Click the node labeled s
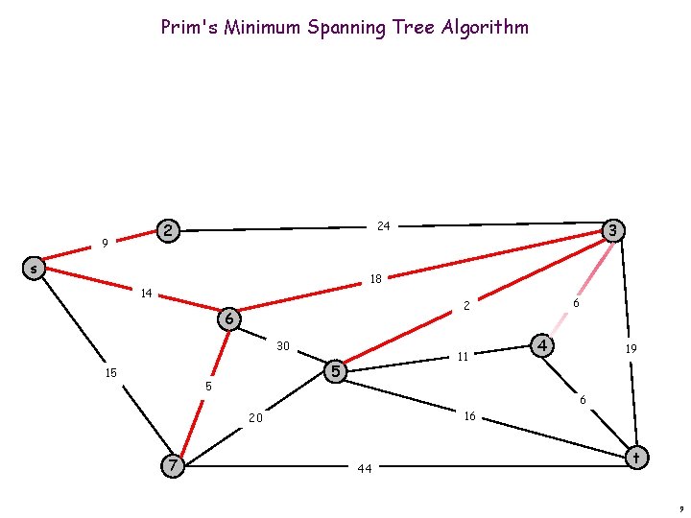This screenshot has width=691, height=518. [x=34, y=269]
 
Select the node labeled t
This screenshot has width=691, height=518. [x=635, y=458]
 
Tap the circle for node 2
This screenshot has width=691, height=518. [x=169, y=230]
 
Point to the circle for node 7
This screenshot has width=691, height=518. [x=172, y=465]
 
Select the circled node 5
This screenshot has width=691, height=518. [x=335, y=370]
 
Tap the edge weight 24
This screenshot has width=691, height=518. [x=383, y=226]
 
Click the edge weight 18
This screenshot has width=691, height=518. [x=376, y=280]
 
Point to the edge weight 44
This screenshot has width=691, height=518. [x=365, y=469]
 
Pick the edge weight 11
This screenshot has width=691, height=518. [x=463, y=357]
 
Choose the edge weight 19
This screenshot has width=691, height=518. [x=631, y=350]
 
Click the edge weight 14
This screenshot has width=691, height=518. [x=146, y=293]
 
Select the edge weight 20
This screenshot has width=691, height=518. [x=255, y=418]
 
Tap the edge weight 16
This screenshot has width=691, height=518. [x=469, y=416]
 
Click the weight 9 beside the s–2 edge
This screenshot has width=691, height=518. [x=105, y=244]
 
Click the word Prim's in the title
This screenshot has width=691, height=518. [x=188, y=27]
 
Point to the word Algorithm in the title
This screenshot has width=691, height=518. [x=485, y=27]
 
